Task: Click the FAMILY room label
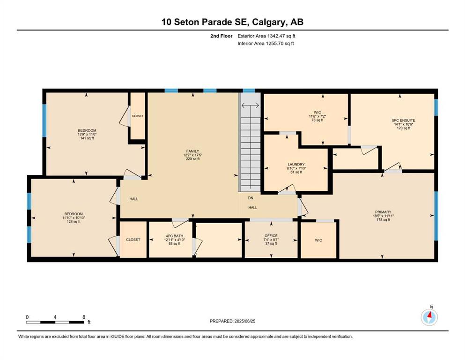[192, 151]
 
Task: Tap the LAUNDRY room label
[296, 165]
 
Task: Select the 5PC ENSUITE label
[403, 120]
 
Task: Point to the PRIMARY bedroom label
[383, 212]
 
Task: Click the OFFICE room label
[271, 236]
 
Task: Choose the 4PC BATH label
[174, 236]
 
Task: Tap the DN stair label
[251, 198]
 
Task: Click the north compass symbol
[429, 316]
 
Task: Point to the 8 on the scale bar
[84, 317]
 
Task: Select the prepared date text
[232, 321]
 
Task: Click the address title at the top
[232, 22]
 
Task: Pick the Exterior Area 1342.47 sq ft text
[266, 36]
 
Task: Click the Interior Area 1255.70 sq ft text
[266, 43]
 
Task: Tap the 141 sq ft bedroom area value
[87, 138]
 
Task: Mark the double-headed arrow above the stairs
[250, 105]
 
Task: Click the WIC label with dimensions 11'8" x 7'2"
[317, 112]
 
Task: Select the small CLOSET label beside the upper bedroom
[138, 116]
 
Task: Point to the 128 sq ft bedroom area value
[74, 221]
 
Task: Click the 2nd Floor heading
[221, 36]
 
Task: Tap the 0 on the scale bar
[27, 317]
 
